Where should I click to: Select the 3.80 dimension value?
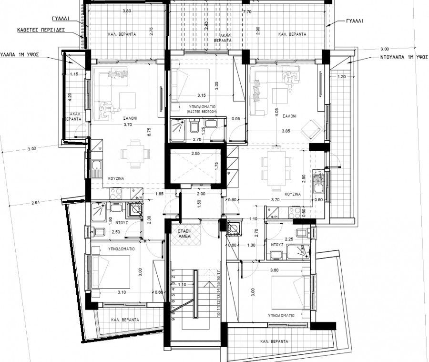pyautogui.click(x=126, y=10)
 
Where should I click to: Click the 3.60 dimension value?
pyautogui.click(x=274, y=270)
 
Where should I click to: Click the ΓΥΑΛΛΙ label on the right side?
pyautogui.click(x=356, y=21)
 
